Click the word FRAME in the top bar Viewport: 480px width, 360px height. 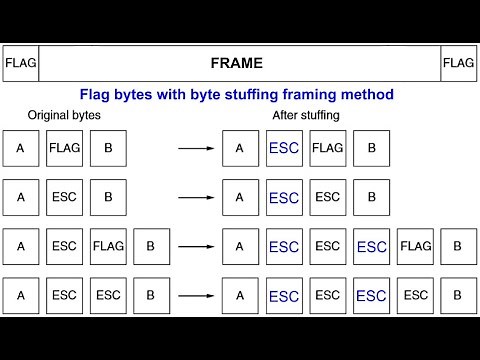tap(237, 63)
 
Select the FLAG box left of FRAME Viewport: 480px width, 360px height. tap(20, 63)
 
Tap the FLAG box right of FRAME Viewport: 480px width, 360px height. tap(458, 63)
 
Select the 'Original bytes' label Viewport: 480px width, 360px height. tap(65, 116)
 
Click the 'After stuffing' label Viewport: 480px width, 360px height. tap(306, 116)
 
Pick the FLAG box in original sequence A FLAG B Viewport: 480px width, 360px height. tap(64, 148)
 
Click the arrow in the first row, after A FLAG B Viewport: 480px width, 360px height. tap(196, 148)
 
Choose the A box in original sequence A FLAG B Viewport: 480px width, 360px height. tap(20, 148)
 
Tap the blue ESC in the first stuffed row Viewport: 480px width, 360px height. tap(284, 148)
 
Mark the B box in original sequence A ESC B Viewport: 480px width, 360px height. tap(108, 197)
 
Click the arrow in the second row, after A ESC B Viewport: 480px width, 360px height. tap(196, 197)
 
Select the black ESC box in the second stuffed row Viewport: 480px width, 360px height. tap(328, 197)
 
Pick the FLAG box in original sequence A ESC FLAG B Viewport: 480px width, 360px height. tap(108, 246)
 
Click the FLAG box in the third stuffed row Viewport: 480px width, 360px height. tap(415, 246)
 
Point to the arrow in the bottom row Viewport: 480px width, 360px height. tap(196, 295)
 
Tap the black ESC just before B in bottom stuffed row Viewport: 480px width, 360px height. tap(415, 295)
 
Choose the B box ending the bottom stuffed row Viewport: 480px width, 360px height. tap(458, 295)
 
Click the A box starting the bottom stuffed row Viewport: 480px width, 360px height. tap(240, 295)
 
